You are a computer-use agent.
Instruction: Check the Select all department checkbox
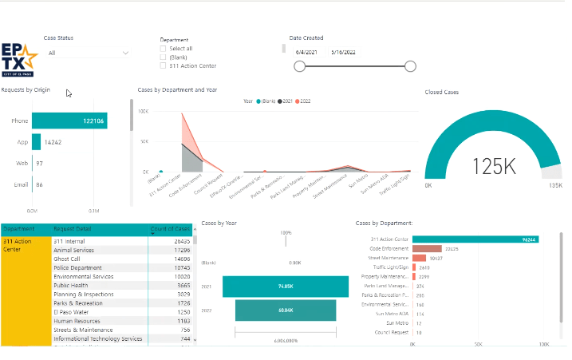[164, 49]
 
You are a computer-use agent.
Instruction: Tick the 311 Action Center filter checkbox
[164, 66]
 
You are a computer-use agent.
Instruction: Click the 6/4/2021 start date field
[307, 52]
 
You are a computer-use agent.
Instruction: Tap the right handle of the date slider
[410, 66]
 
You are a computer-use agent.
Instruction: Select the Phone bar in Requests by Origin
[69, 121]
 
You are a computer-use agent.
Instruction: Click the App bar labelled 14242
[37, 141]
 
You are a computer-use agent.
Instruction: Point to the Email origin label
[21, 184]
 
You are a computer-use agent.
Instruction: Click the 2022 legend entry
[305, 101]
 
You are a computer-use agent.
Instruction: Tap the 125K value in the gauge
[495, 166]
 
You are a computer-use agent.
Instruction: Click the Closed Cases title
[442, 92]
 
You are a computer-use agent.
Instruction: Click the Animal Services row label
[73, 250]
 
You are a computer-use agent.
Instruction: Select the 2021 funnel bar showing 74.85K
[285, 286]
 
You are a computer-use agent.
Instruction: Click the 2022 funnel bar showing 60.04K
[285, 309]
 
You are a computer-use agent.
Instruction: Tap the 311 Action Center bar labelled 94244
[475, 239]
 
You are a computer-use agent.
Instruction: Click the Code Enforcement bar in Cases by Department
[427, 248]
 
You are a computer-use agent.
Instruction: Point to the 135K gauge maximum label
[554, 184]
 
